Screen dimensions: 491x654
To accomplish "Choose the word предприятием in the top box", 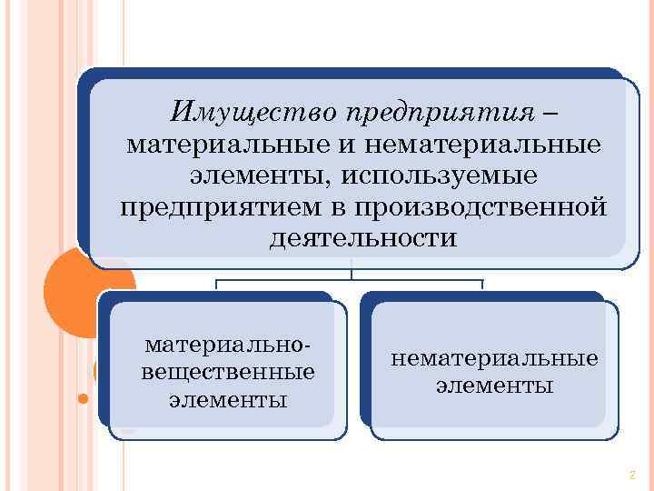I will [x=220, y=207].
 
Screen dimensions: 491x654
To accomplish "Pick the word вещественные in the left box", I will [x=228, y=372].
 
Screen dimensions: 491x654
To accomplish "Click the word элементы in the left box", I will [x=228, y=399].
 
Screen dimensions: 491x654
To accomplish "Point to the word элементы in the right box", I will [x=494, y=386].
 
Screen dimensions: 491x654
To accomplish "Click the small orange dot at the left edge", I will [x=83, y=398].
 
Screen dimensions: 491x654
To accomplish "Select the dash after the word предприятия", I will [x=554, y=113].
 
